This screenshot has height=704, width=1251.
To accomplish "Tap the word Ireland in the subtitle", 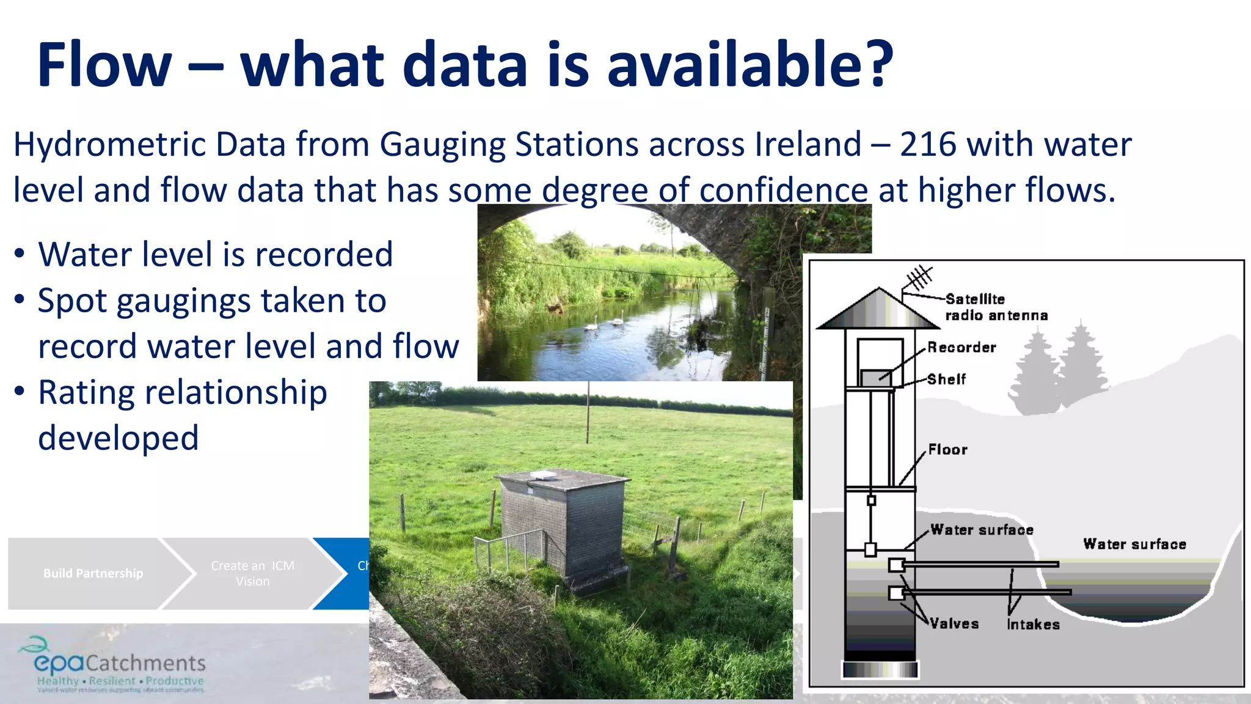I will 808,145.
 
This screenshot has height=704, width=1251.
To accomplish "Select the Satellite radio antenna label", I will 996,307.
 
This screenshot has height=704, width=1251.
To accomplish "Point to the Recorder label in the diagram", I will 961,348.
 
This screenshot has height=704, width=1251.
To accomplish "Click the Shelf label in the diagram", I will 946,380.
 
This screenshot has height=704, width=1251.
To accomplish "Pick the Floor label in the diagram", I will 947,450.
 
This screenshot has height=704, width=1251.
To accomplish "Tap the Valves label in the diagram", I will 954,624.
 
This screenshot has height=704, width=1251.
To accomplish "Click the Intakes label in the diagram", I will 1033,625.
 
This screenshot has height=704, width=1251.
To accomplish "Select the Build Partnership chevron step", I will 93,573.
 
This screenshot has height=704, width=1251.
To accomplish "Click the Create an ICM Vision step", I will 252,573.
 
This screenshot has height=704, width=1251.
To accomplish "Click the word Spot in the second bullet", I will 72,301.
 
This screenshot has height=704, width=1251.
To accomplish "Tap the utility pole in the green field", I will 588,413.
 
